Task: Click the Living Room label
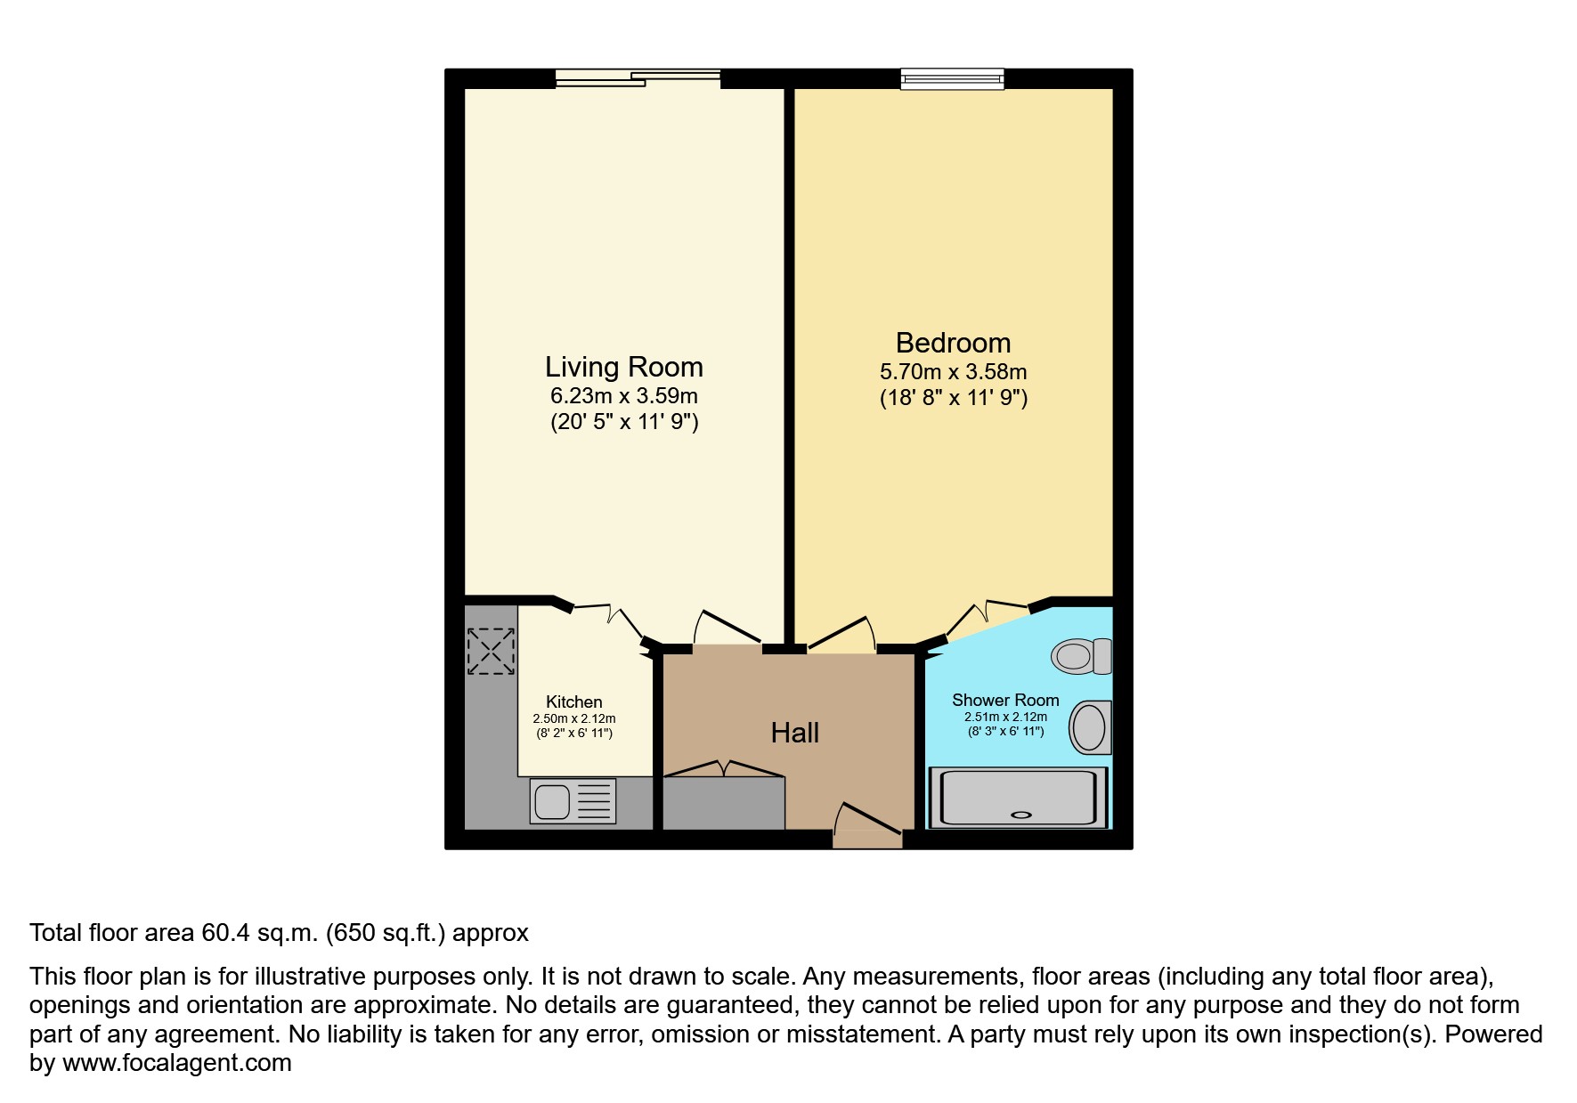[x=623, y=367]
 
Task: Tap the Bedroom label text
[x=953, y=343]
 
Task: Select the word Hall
[x=794, y=733]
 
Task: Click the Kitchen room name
[x=573, y=702]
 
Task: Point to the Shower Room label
[x=1005, y=700]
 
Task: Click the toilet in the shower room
[x=1080, y=656]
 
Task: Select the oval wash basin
[x=1089, y=727]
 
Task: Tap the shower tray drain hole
[x=1021, y=814]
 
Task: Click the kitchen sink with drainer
[x=573, y=800]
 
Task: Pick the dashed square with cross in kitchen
[x=491, y=651]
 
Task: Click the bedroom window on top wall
[x=952, y=79]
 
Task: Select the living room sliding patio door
[x=638, y=79]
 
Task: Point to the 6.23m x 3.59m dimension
[x=623, y=396]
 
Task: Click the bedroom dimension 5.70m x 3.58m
[x=953, y=372]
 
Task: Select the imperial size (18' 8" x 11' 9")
[x=953, y=398]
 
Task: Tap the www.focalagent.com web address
[x=176, y=1063]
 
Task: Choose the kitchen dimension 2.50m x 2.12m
[x=573, y=718]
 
